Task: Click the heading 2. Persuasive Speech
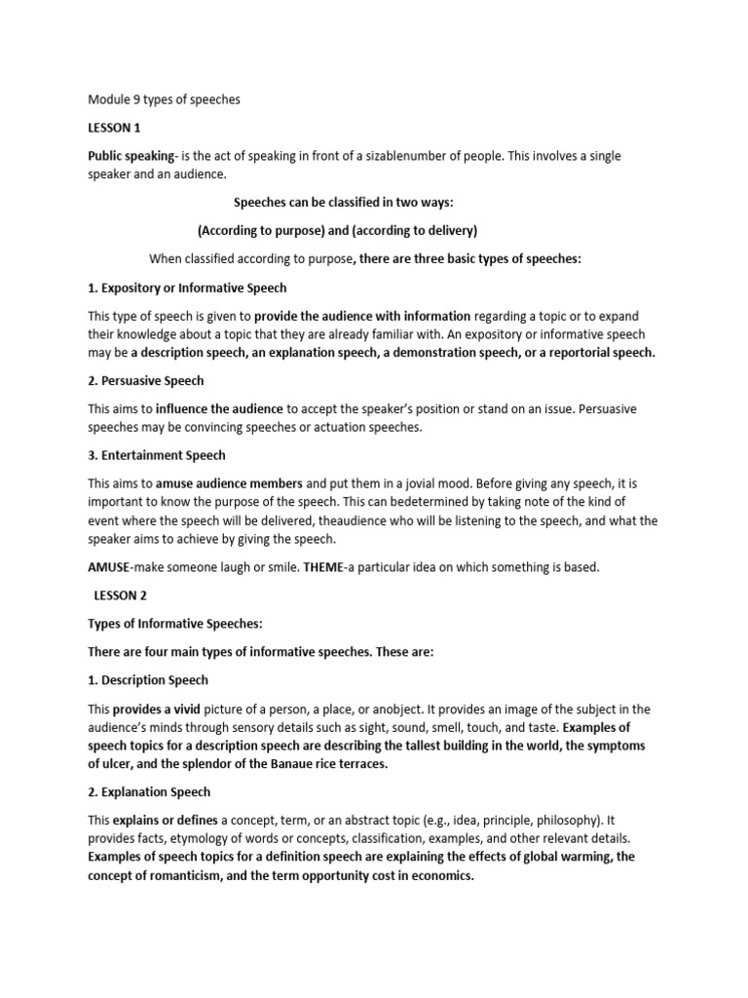(x=146, y=380)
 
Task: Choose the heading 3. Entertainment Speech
(x=158, y=454)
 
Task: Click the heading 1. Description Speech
(x=148, y=679)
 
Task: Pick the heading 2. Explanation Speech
(x=149, y=792)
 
